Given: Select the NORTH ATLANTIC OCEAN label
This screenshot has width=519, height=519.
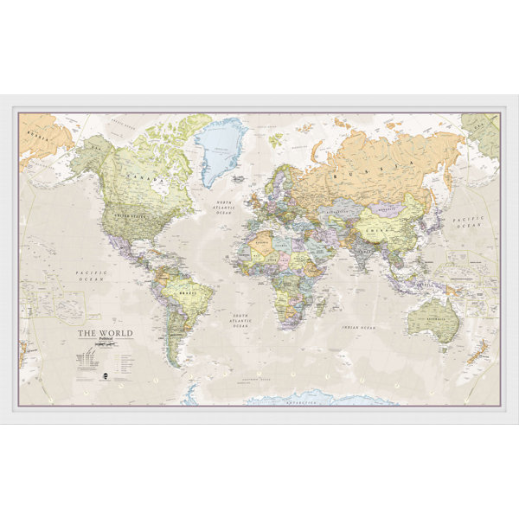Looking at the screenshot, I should point(226,208).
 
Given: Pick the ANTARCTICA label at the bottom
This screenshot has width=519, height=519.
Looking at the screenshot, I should point(290,401).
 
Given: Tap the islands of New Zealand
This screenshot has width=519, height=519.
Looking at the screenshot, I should point(478,349).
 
